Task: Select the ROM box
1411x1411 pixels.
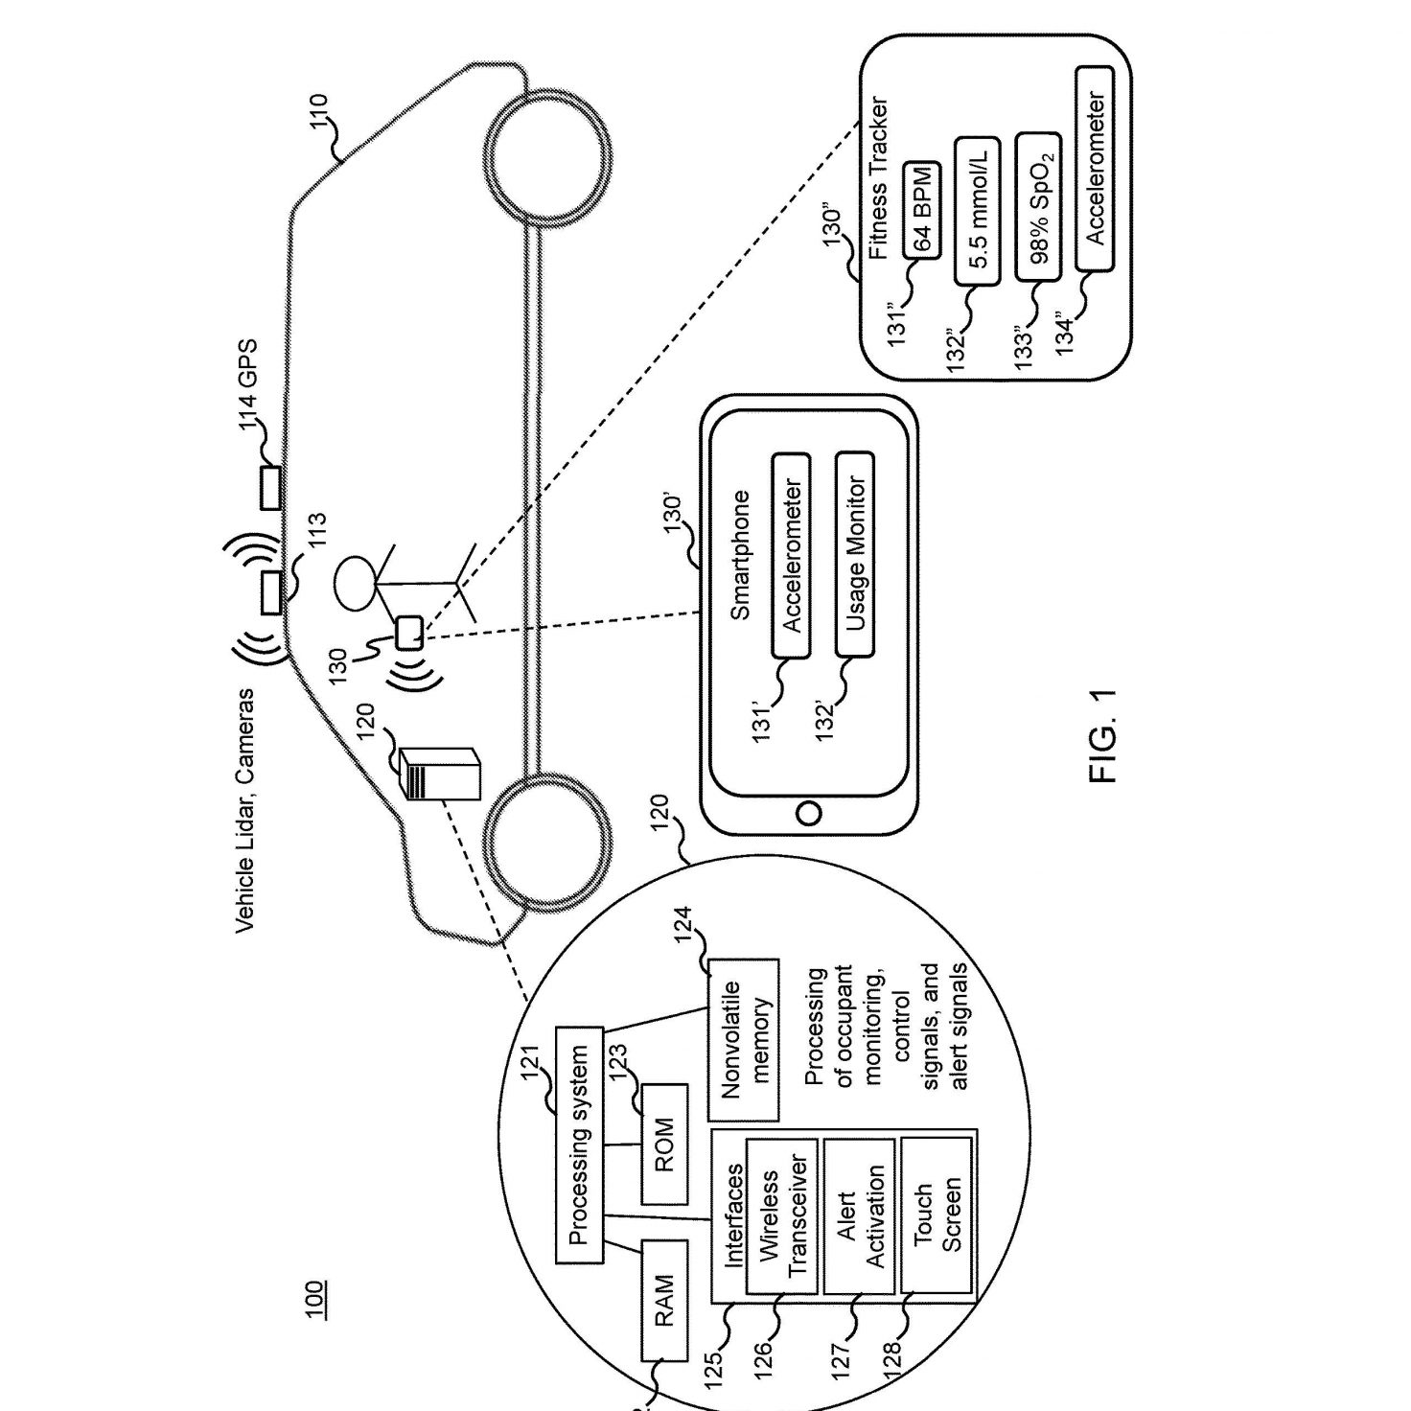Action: pos(664,1145)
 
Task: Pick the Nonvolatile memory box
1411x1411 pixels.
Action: pos(743,1040)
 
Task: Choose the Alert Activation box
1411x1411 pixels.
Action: pos(860,1216)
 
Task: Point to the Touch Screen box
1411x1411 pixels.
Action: pos(936,1216)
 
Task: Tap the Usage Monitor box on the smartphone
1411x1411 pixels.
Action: pos(854,554)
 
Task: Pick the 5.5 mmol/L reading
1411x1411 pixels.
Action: pos(978,211)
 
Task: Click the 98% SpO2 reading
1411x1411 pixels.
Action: pos(1038,206)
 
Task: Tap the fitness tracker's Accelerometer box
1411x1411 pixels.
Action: pos(1095,169)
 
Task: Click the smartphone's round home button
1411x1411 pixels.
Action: pos(808,813)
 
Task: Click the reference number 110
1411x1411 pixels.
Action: pos(320,112)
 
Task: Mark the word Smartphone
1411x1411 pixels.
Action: pos(740,555)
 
